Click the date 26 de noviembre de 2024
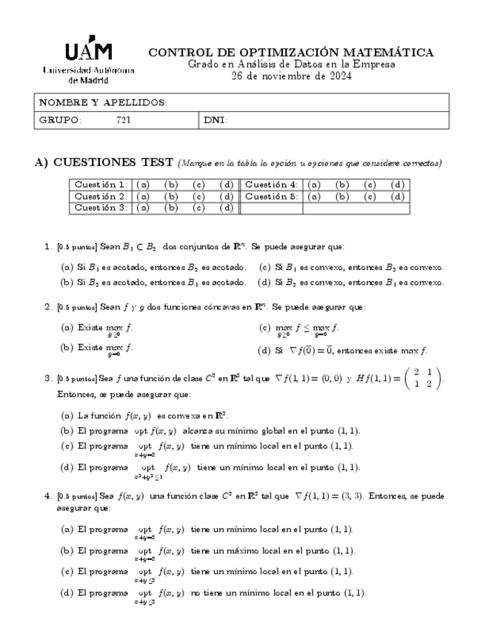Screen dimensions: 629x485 pyautogui.click(x=291, y=76)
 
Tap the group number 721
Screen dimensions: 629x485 pyautogui.click(x=124, y=119)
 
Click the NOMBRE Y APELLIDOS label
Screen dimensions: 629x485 pyautogui.click(x=102, y=102)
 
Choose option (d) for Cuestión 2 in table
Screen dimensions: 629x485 pyautogui.click(x=227, y=197)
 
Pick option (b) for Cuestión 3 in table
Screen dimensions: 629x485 pyautogui.click(x=171, y=208)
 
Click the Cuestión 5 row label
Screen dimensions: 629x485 pyautogui.click(x=271, y=197)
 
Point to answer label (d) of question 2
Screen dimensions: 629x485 pyautogui.click(x=263, y=351)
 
